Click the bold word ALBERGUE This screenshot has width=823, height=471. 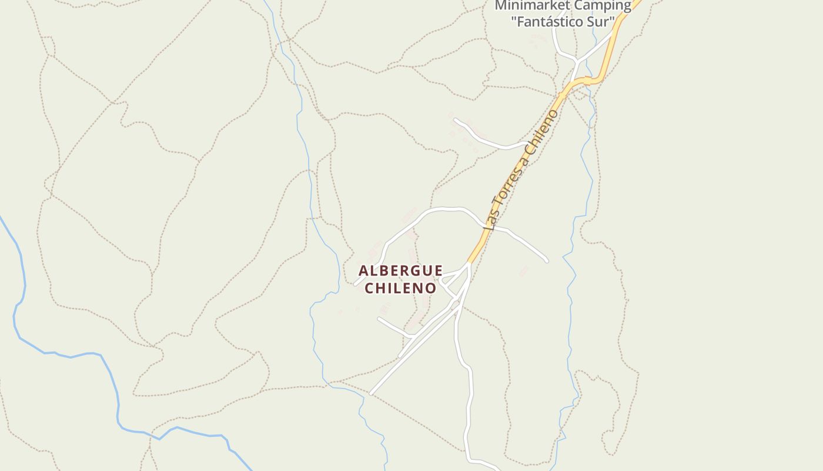(400, 271)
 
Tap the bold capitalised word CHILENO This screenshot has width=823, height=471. (400, 288)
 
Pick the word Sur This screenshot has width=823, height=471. (601, 22)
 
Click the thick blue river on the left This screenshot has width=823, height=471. (71, 356)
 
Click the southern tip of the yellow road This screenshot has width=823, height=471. (470, 261)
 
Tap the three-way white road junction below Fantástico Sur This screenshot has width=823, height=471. (578, 61)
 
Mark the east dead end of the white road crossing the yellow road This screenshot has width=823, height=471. (547, 261)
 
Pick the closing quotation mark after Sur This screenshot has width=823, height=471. (613, 21)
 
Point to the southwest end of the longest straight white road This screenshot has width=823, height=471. (372, 393)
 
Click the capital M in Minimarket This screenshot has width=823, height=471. (500, 6)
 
